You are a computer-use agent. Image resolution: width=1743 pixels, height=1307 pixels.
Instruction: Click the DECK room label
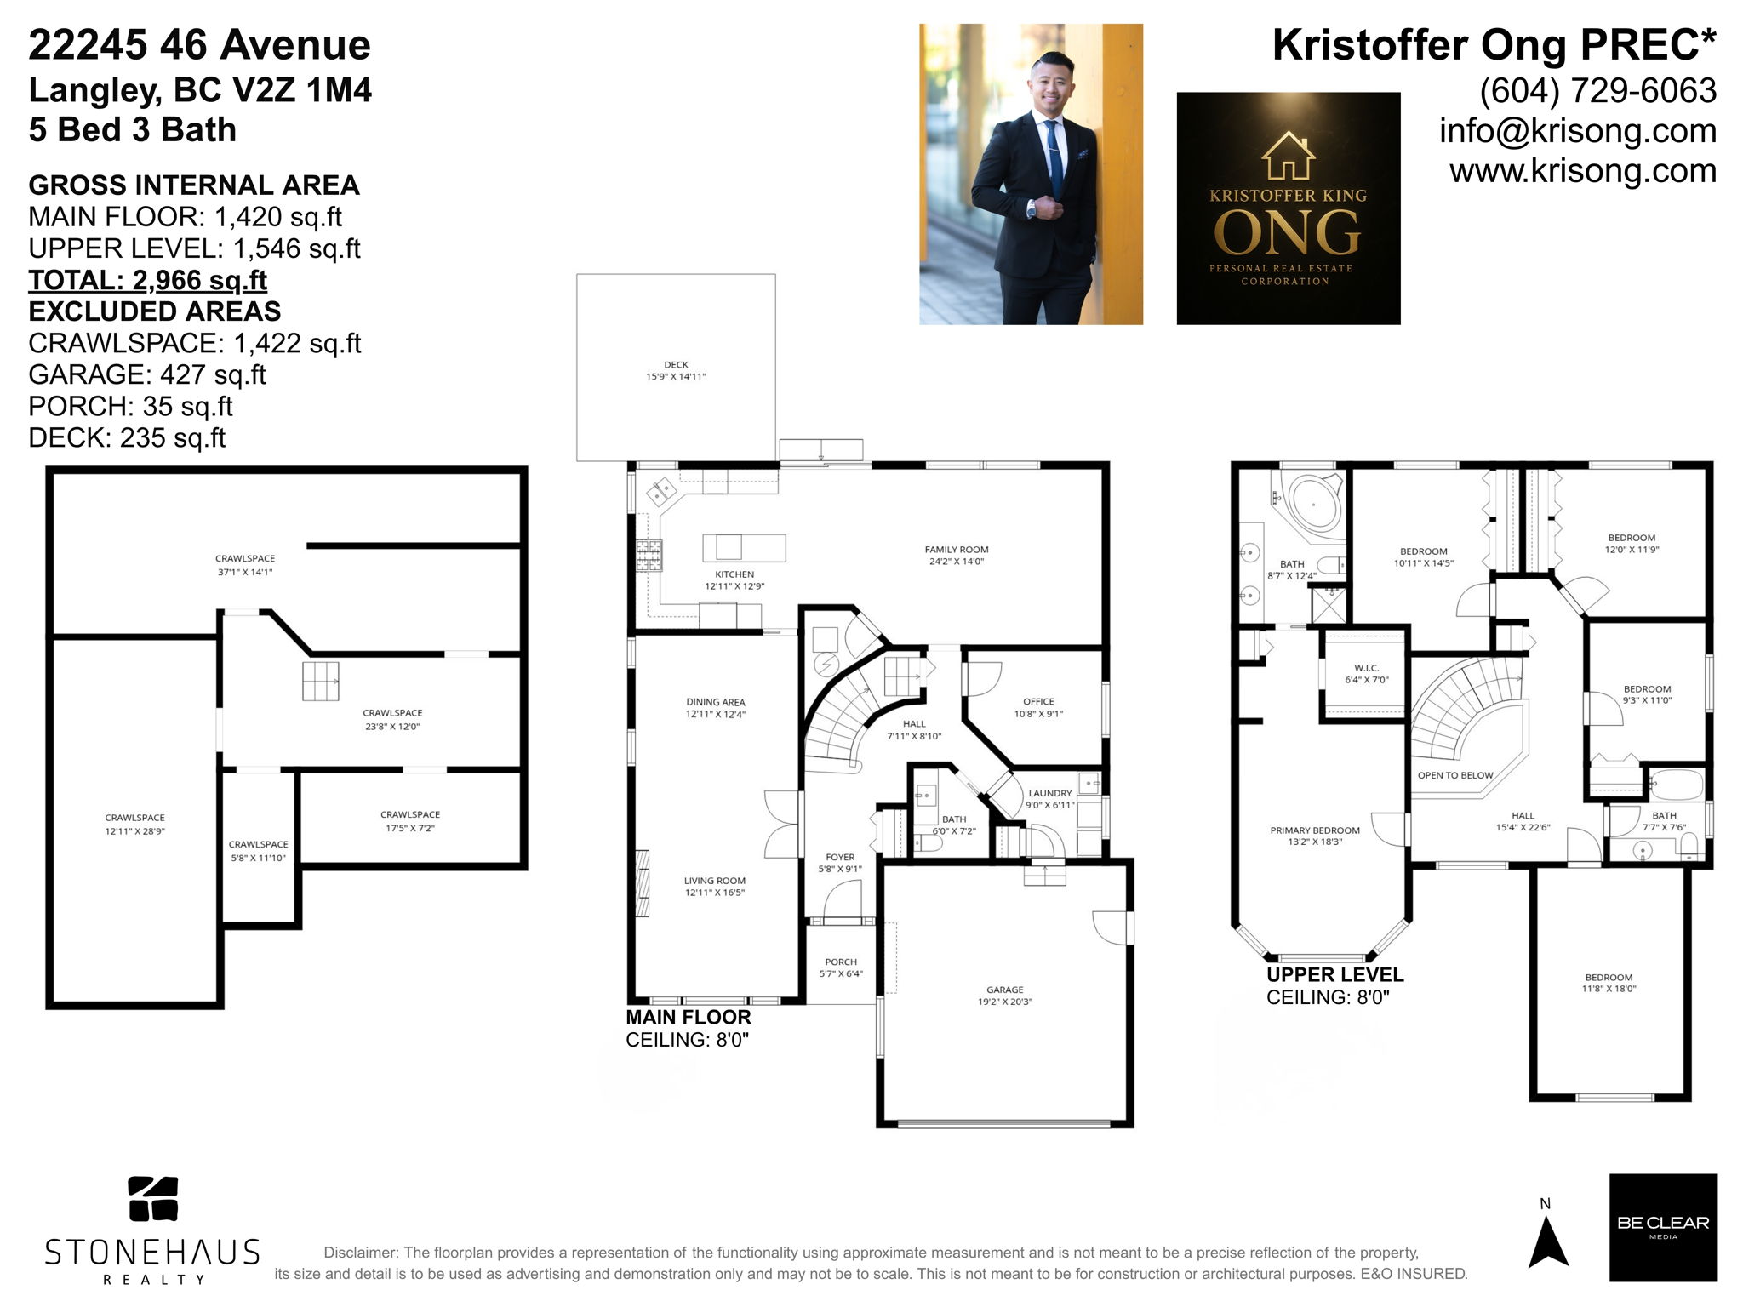(676, 365)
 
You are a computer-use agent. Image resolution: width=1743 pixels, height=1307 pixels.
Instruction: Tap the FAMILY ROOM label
(957, 550)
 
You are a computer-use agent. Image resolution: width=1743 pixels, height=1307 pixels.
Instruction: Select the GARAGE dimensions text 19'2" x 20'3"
(1004, 1002)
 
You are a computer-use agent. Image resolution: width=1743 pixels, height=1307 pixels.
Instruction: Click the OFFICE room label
(1038, 702)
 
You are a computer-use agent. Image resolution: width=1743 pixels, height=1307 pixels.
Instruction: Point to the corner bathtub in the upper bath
(1314, 504)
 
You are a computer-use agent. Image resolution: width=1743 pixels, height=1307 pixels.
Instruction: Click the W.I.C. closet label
(1366, 668)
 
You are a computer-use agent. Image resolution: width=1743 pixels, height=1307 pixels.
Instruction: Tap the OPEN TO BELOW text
(1455, 775)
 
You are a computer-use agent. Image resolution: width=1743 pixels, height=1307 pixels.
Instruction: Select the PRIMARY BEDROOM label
(1315, 830)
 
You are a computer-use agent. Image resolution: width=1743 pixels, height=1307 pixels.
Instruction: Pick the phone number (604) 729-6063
(1597, 91)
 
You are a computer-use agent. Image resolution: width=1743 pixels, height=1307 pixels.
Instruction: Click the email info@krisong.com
(1577, 131)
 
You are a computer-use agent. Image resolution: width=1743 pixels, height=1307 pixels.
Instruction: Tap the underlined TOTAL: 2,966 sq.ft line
(147, 280)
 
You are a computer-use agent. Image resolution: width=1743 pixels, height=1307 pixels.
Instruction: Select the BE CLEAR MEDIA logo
(1662, 1226)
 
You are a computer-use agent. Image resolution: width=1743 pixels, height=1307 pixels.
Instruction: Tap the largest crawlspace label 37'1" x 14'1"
(245, 565)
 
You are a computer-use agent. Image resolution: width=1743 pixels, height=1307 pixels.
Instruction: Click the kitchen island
(743, 547)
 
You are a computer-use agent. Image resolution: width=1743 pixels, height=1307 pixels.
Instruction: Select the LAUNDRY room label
(1049, 793)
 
